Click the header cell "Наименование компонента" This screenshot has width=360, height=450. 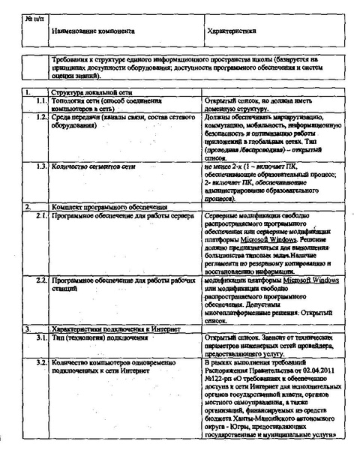click(94, 32)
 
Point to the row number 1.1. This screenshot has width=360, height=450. click(41, 100)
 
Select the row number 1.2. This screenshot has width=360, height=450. click(41, 118)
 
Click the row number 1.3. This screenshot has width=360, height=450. click(41, 165)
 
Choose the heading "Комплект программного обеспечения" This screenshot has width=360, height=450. click(100, 205)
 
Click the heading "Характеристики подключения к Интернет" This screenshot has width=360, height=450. click(107, 328)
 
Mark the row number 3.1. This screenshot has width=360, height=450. click(41, 337)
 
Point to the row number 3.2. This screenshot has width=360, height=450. click(41, 363)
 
